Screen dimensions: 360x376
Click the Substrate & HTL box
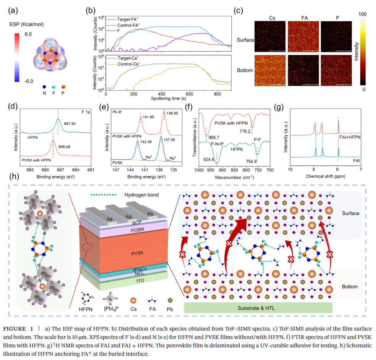(x=258, y=307)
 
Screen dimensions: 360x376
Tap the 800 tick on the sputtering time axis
(x=217, y=94)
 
